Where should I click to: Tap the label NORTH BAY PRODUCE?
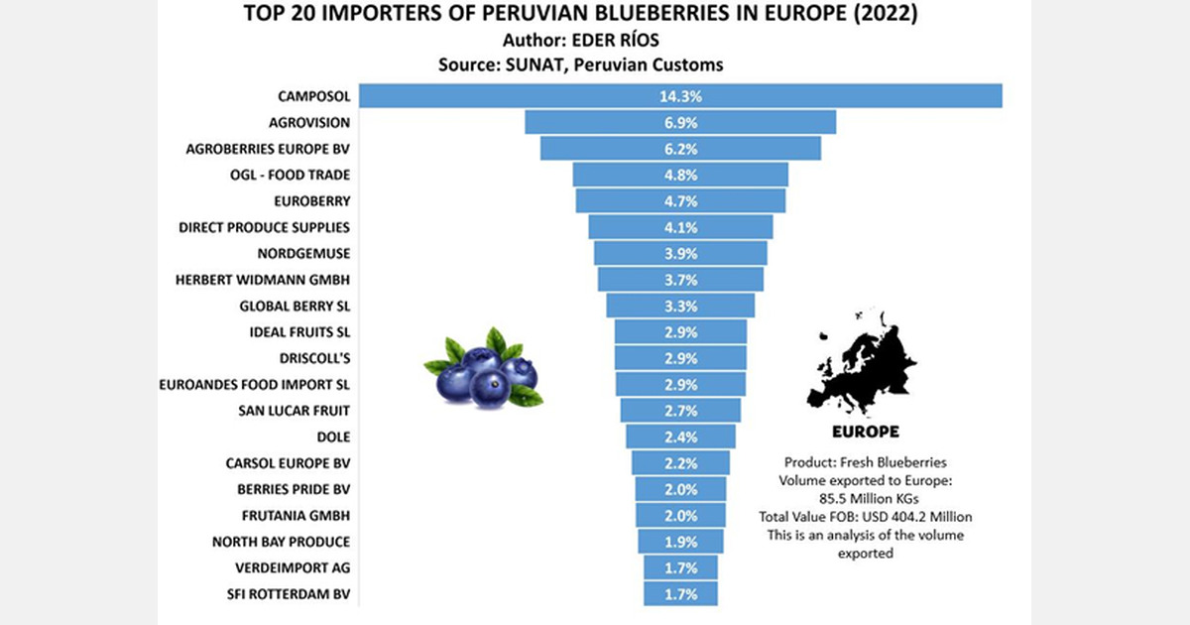point(281,542)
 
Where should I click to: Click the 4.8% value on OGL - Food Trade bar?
point(679,175)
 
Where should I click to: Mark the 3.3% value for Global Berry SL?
point(679,306)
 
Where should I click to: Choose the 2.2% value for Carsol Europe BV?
point(679,463)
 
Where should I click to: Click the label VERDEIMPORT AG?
point(295,568)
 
